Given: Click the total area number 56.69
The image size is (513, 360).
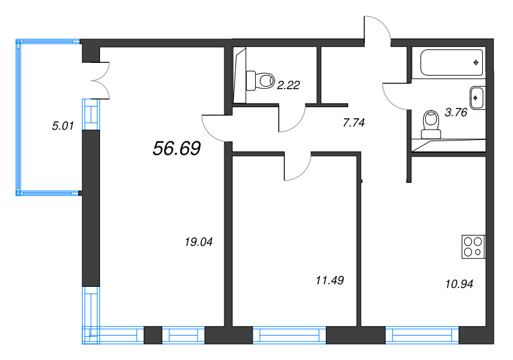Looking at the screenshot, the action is coord(177,148).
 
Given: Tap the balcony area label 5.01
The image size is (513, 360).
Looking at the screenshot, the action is coord(63,126).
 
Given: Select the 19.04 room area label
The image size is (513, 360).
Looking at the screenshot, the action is coord(199,242).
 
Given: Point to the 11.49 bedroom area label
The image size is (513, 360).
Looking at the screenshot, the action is coord(330,280).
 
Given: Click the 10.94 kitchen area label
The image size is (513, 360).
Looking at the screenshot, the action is coord(459,284).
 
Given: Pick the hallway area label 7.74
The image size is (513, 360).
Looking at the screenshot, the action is coord(354,123).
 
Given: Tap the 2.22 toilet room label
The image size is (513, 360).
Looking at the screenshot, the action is coord(288,85).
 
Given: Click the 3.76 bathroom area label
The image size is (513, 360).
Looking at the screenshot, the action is coord(456,112).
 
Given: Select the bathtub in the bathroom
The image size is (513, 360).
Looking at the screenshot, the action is coord(451,62).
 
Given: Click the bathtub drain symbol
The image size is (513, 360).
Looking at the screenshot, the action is coord(476,62).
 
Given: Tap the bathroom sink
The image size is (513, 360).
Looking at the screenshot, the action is coord(477,98).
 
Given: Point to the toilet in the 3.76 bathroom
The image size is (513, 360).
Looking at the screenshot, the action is coord(431,124).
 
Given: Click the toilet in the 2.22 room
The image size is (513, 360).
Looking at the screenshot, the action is coord(260,80).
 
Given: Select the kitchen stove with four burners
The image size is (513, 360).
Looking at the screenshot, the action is coord(473,247).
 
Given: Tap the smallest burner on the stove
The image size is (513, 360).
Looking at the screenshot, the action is coord(478,252).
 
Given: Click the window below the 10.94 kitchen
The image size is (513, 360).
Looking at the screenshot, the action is coord(422,335).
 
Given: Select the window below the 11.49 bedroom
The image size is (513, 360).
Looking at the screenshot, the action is coord(289,335).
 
